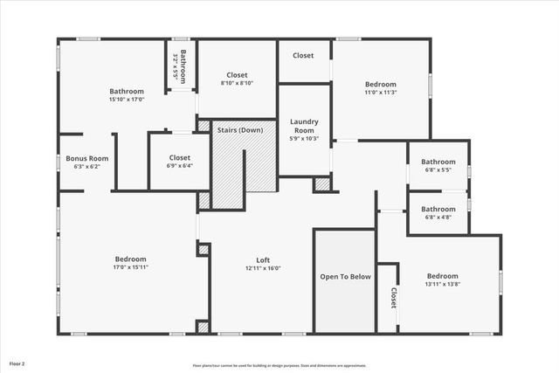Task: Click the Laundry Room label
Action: click(303, 126)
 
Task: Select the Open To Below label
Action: click(345, 277)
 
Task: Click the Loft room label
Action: click(263, 259)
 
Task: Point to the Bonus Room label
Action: click(87, 158)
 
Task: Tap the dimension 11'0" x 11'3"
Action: click(381, 93)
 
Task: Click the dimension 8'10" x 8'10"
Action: click(238, 84)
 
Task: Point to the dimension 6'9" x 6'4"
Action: click(180, 166)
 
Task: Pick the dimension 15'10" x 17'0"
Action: click(127, 100)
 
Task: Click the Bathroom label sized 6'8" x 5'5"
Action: click(438, 162)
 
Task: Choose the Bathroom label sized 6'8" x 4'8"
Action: click(438, 210)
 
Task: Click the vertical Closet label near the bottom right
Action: click(393, 299)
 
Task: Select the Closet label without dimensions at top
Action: click(303, 56)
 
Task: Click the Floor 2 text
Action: click(17, 363)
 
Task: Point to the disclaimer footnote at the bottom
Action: click(279, 365)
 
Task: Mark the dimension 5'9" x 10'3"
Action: click(303, 138)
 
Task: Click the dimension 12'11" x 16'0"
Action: click(263, 269)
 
